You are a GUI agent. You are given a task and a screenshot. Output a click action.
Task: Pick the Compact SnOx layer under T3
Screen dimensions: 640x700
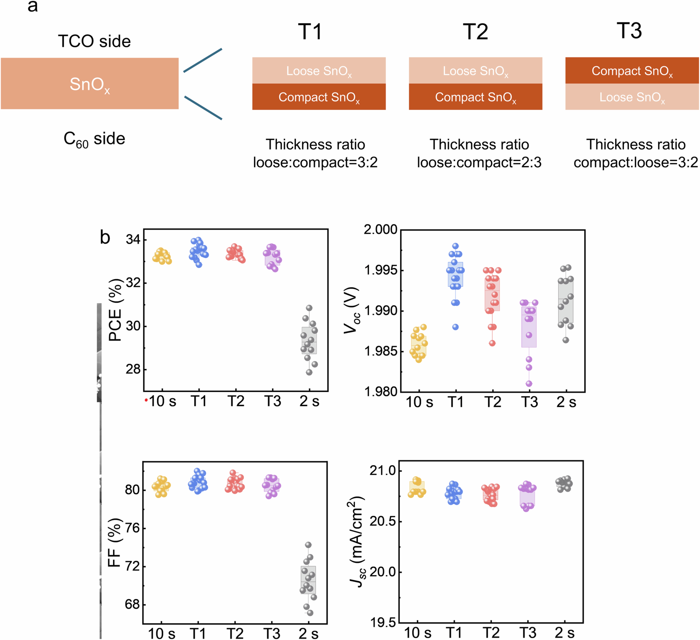pos(632,71)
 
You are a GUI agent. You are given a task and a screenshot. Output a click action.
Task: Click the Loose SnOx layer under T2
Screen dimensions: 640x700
pos(475,71)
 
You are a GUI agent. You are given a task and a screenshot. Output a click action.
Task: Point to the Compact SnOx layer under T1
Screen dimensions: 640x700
pos(319,97)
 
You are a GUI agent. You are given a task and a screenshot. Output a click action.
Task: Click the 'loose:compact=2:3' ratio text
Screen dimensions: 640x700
pos(479,162)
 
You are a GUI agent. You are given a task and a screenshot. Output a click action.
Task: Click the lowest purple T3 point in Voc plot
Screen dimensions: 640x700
pos(529,384)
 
